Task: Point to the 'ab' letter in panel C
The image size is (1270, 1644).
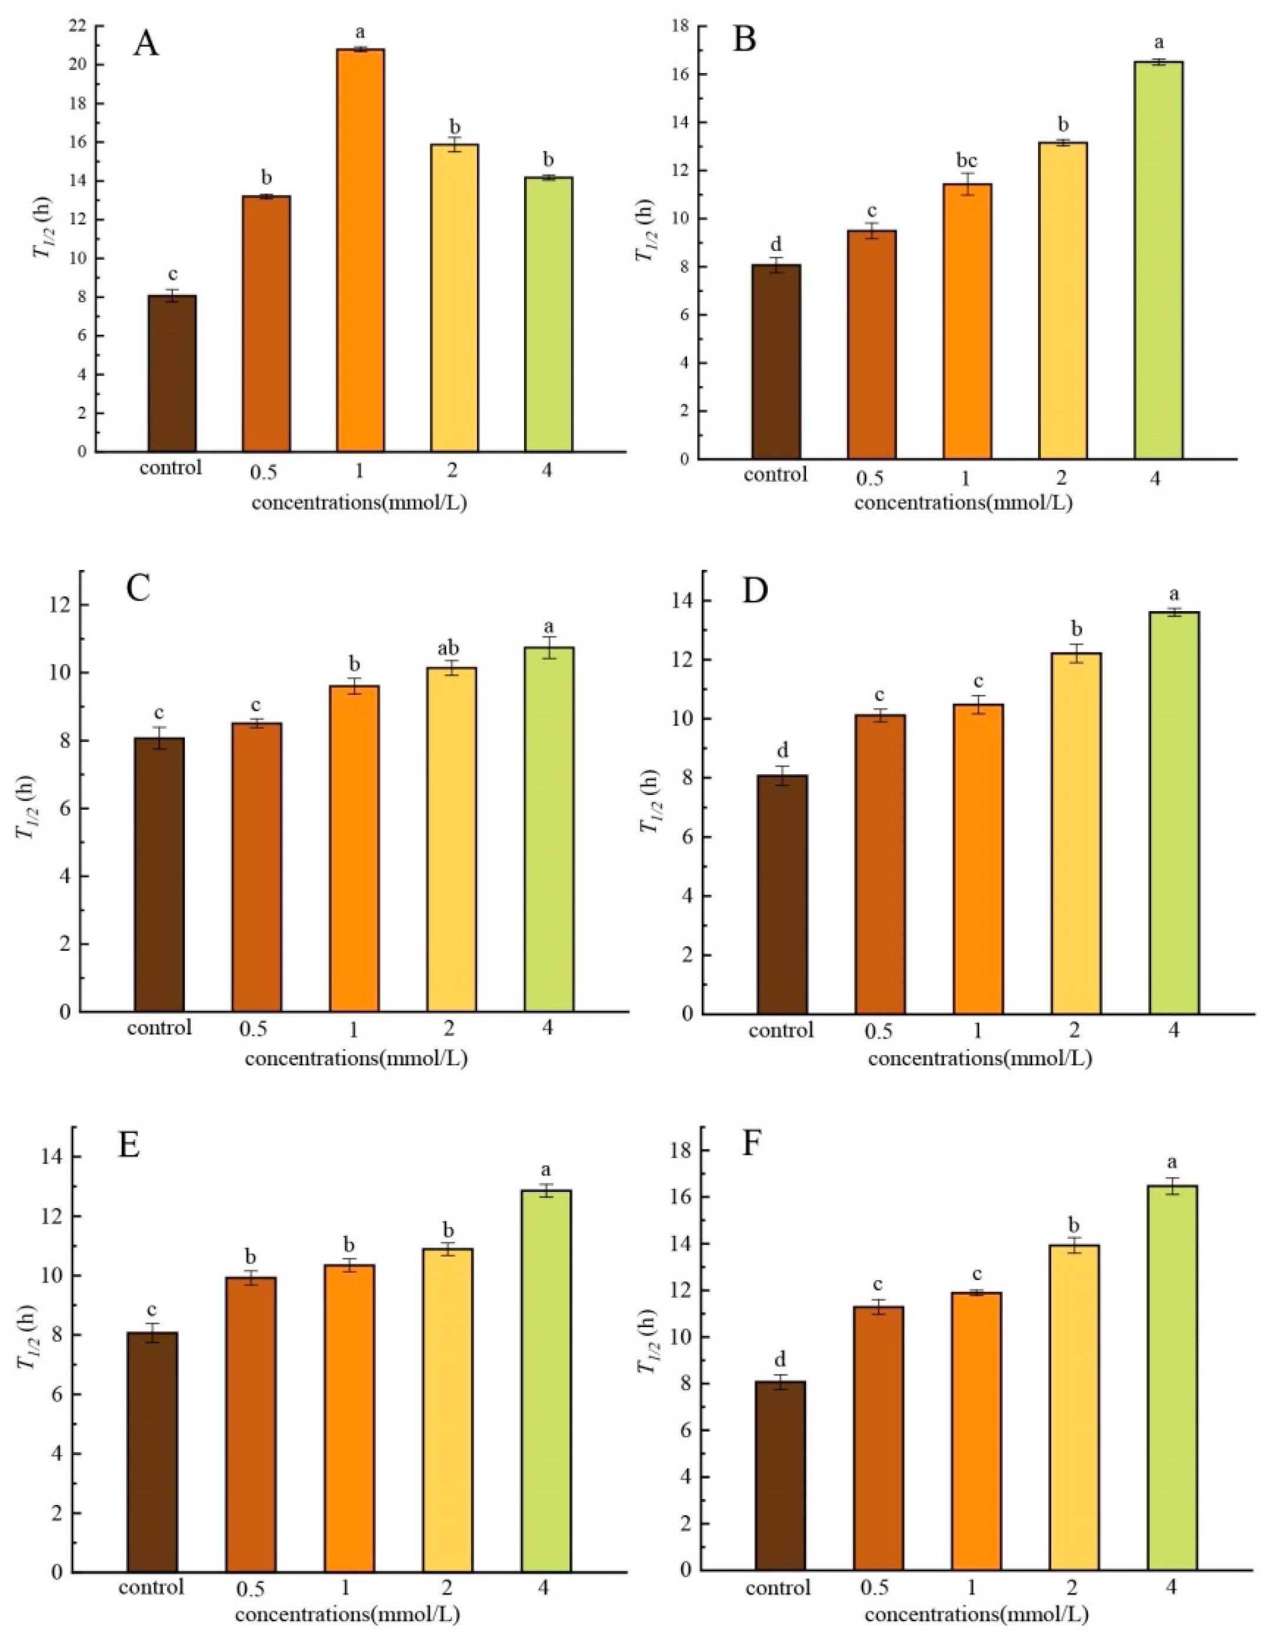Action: point(451,649)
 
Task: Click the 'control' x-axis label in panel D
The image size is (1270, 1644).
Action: point(781,1030)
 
